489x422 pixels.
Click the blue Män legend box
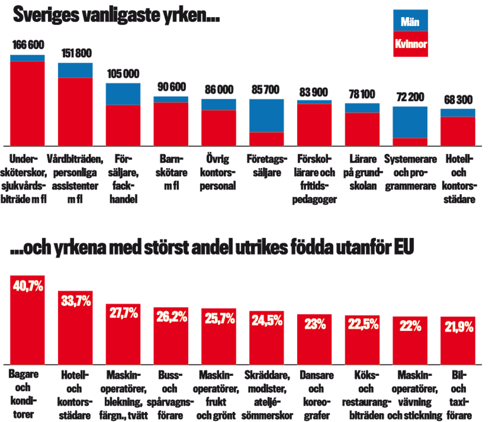coord(411,21)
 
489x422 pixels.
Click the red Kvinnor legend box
coord(411,45)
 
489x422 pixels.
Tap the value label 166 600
coord(28,46)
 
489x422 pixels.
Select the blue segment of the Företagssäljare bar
coord(266,115)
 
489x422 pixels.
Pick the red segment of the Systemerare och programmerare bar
coord(410,141)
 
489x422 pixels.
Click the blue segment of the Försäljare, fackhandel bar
coord(123,94)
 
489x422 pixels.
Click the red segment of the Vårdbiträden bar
coord(75,112)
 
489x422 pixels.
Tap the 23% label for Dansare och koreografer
coord(315,325)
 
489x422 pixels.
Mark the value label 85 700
coord(266,90)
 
